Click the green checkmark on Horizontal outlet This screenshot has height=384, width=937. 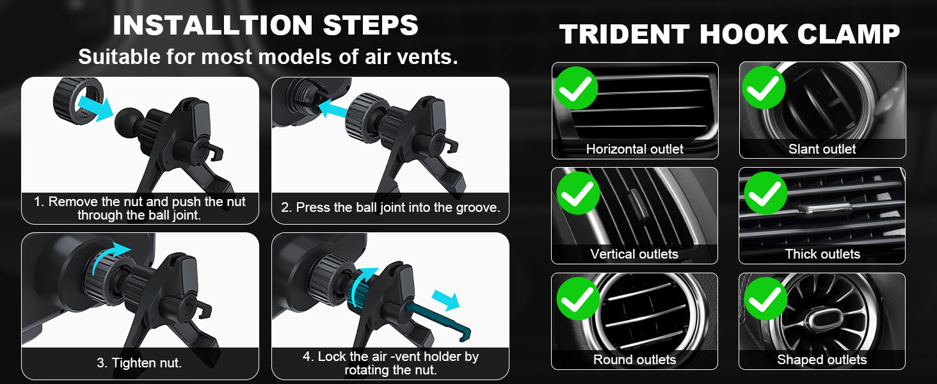click(x=576, y=88)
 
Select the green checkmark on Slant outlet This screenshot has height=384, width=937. click(x=764, y=88)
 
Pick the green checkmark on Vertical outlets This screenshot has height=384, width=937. click(x=578, y=193)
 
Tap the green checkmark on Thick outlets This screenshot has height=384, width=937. click(x=765, y=193)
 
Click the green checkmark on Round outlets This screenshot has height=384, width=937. click(x=578, y=299)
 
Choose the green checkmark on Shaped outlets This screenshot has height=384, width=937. click(x=765, y=299)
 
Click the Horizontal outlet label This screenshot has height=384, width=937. click(x=634, y=149)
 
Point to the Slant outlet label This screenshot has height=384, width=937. click(x=822, y=149)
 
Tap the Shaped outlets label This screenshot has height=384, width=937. click(x=822, y=360)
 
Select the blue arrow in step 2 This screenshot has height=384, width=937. click(x=333, y=109)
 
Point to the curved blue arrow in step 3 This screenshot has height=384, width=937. click(x=109, y=256)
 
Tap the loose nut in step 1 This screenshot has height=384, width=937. click(x=78, y=101)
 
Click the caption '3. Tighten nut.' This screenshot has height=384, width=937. click(x=140, y=363)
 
